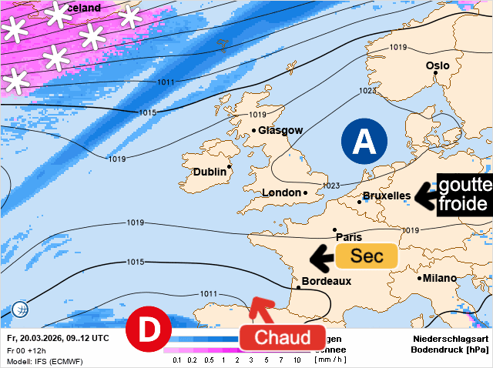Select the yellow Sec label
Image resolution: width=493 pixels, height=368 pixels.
tap(366, 256)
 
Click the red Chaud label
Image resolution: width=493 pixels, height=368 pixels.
tap(282, 337)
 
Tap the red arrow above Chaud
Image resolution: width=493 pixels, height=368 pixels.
tap(260, 309)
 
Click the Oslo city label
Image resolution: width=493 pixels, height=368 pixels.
tap(438, 65)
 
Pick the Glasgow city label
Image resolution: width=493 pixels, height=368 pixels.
tap(280, 130)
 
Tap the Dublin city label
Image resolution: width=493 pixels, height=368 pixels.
tap(210, 172)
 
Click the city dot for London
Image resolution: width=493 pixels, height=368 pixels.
tap(305, 192)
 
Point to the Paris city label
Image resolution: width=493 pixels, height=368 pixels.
tap(348, 237)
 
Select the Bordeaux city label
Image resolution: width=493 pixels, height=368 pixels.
tap(327, 281)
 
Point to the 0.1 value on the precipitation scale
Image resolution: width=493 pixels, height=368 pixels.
tap(177, 360)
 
